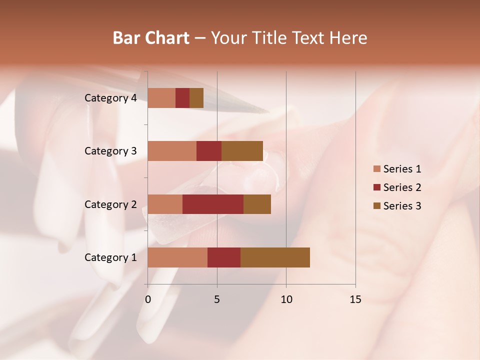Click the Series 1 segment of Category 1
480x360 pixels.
(177, 257)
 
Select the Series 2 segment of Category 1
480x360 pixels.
(224, 257)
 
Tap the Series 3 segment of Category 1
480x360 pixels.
(275, 257)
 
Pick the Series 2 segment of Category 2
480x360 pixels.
(213, 204)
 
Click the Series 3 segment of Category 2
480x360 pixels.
(257, 204)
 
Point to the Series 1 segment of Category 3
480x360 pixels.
(172, 151)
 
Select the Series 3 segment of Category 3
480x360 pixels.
(242, 151)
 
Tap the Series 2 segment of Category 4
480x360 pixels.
(182, 98)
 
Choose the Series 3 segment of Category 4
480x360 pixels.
(196, 98)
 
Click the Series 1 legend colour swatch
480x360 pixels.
(376, 169)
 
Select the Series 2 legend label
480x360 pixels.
(402, 187)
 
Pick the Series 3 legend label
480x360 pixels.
(402, 206)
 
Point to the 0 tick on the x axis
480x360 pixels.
(148, 299)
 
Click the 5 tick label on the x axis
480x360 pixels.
(217, 299)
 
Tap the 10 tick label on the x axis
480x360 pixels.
(286, 299)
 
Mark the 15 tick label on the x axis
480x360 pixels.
(355, 299)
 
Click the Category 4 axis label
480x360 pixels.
(110, 98)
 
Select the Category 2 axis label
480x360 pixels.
(110, 204)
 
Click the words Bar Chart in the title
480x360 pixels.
(151, 38)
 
